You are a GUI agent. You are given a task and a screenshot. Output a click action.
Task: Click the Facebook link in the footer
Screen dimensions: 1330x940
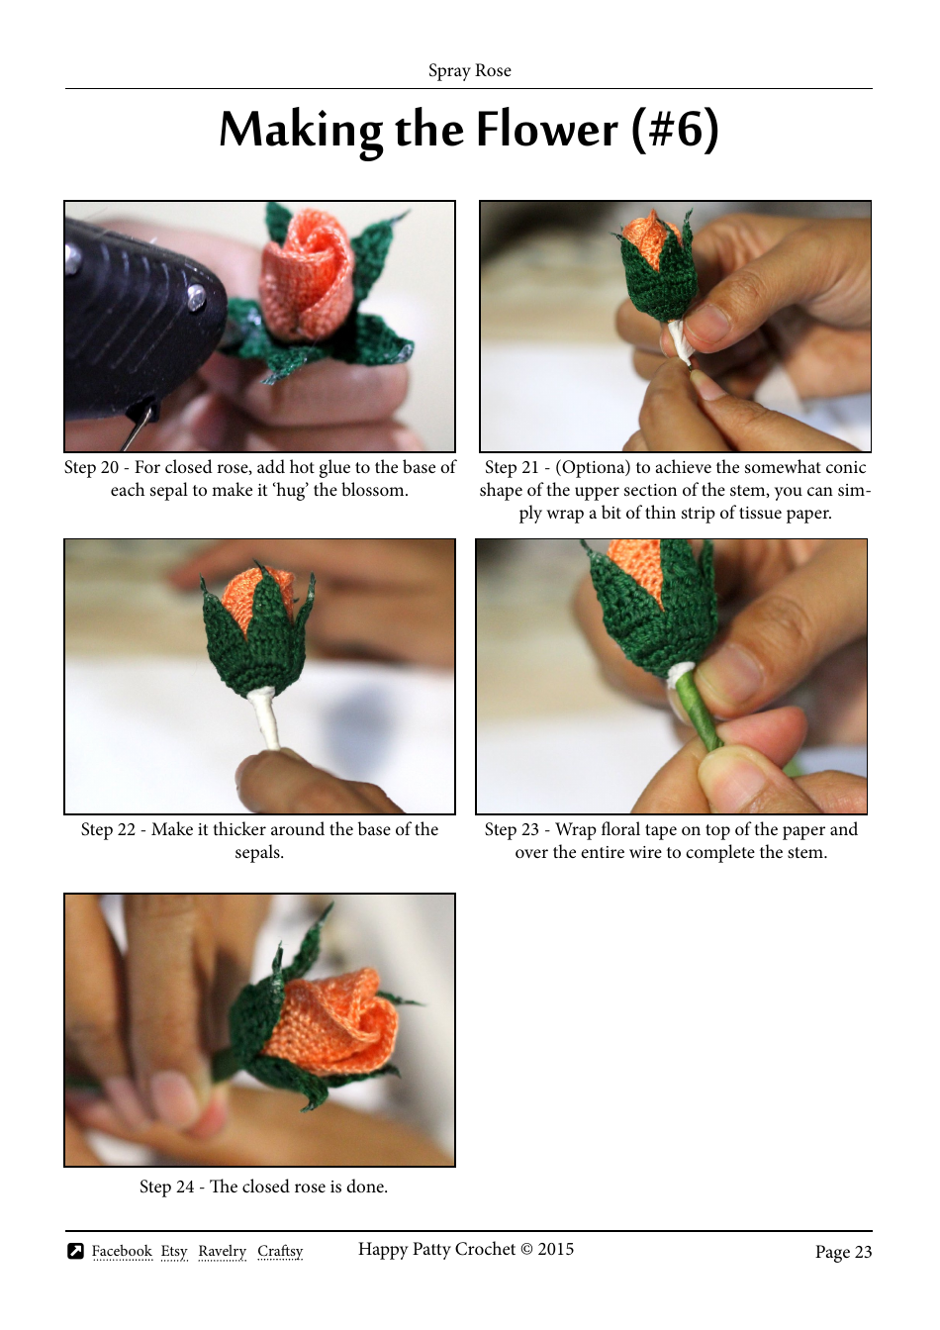pos(122,1252)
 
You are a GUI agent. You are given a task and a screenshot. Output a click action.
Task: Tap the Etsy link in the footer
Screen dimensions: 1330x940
pos(174,1252)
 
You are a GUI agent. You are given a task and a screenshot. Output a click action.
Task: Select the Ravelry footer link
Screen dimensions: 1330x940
pos(222,1252)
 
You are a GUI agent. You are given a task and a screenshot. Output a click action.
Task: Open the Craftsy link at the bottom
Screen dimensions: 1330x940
pos(280,1252)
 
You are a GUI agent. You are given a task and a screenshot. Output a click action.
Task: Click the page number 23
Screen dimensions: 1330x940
pos(863,1252)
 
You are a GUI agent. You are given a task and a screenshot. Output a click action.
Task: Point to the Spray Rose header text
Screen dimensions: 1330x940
pos(469,70)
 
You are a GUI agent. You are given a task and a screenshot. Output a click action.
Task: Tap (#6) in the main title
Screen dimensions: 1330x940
pos(676,131)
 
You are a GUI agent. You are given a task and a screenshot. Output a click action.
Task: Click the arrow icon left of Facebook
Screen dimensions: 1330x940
pos(75,1252)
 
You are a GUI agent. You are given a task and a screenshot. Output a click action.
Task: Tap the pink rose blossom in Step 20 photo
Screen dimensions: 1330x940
pos(307,277)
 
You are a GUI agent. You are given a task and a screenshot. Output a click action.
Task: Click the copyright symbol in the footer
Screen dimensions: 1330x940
pos(526,1250)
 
